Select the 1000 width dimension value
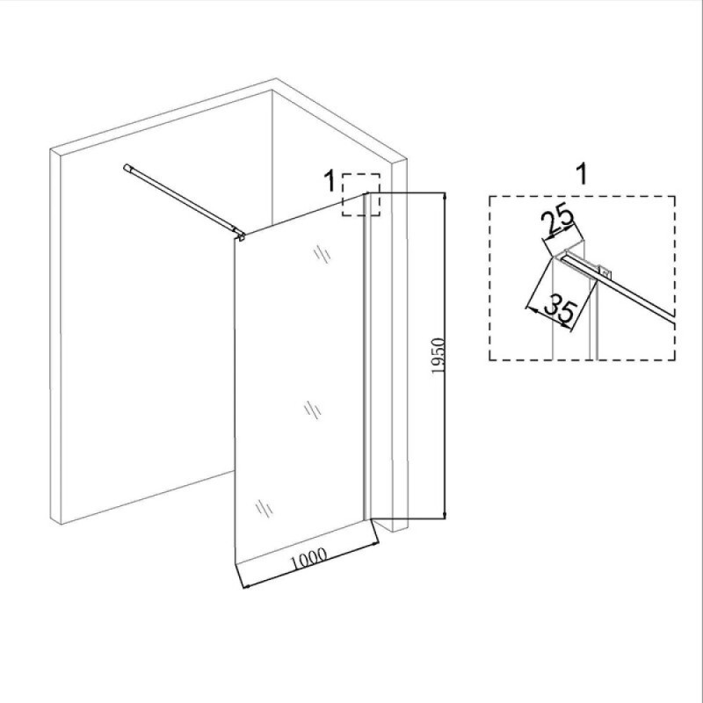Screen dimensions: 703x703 tap(309, 559)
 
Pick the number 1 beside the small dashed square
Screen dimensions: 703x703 tap(330, 181)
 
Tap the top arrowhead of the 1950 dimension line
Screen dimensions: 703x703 tap(445, 195)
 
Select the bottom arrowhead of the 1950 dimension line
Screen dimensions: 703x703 tap(445, 516)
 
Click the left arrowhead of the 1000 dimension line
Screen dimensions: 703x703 tap(245, 585)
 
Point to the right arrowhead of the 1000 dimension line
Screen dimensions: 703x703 tap(376, 544)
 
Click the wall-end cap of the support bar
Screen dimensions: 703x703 tap(127, 168)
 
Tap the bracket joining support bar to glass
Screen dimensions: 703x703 tap(240, 234)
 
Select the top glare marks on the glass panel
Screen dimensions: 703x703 tap(322, 254)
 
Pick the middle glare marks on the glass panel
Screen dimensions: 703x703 tap(313, 409)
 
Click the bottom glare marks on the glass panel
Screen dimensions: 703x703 tap(265, 509)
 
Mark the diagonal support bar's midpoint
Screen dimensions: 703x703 tap(184, 200)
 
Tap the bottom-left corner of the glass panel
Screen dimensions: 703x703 tap(236, 562)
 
